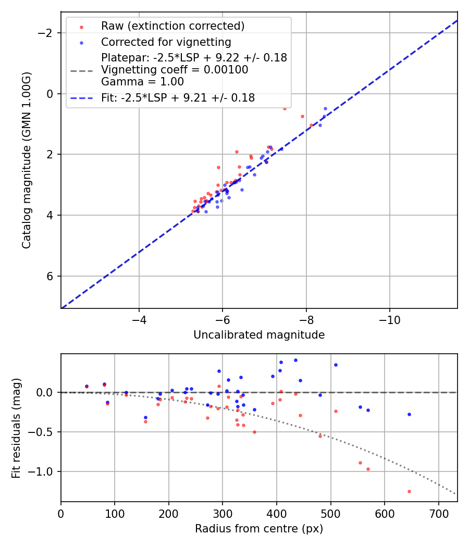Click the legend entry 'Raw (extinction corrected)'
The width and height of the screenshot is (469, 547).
[172, 26]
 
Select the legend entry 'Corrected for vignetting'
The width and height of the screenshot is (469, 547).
[166, 42]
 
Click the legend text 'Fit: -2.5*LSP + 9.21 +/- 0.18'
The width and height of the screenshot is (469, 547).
[178, 97]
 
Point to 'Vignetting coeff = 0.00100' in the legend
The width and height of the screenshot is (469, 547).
[175, 69]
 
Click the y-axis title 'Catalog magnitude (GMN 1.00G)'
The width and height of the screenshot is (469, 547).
[27, 160]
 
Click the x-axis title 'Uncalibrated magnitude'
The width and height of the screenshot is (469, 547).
[259, 335]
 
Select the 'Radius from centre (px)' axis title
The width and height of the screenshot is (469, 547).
[259, 529]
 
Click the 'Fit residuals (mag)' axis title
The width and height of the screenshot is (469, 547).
[16, 428]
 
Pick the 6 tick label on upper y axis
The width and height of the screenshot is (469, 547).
[51, 276]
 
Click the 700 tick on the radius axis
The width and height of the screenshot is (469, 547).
[438, 513]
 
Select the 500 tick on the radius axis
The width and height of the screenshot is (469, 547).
[330, 513]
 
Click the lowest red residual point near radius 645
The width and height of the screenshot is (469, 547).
[409, 491]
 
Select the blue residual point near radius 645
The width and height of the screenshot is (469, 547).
[409, 414]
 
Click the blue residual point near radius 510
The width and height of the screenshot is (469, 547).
[336, 365]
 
